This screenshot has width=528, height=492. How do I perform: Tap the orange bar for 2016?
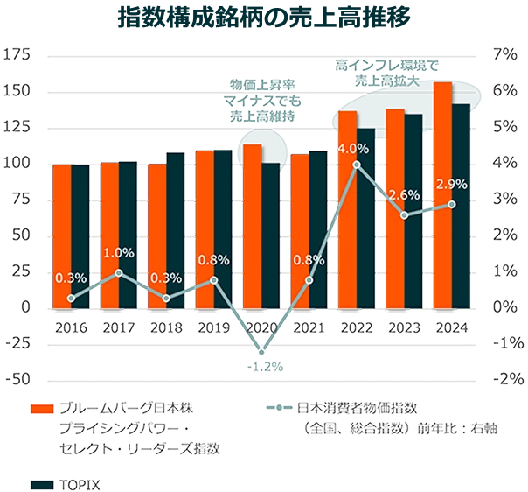pyautogui.click(x=61, y=236)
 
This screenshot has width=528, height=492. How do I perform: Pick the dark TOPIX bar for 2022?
pyautogui.click(x=366, y=219)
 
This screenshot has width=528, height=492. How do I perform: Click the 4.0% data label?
pyautogui.click(x=353, y=149)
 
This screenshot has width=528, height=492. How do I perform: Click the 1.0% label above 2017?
pyautogui.click(x=118, y=253)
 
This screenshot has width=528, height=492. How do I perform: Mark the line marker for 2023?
pyautogui.click(x=404, y=215)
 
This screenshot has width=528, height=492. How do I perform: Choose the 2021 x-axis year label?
pyautogui.click(x=309, y=327)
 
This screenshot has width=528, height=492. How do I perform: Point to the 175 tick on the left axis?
pyautogui.click(x=18, y=54)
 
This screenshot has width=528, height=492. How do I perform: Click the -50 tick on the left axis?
pyautogui.click(x=19, y=379)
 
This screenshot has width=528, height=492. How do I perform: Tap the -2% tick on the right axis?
pyautogui.click(x=509, y=379)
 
